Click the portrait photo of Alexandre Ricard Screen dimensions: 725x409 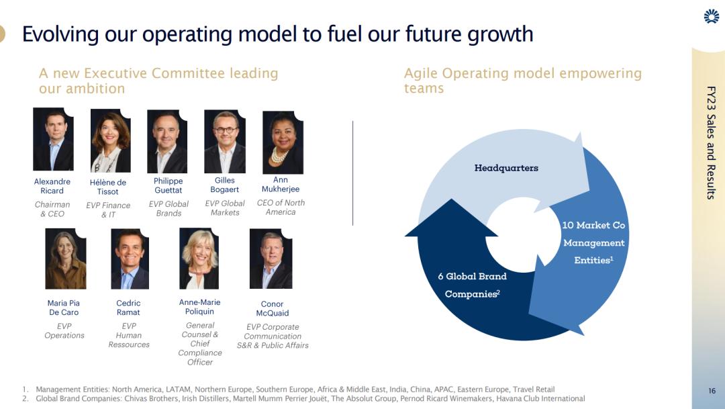click(x=53, y=139)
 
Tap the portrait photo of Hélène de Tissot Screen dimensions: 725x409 click(x=111, y=140)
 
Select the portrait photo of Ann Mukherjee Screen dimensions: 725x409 click(x=283, y=142)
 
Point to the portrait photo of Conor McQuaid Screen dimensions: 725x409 click(x=271, y=259)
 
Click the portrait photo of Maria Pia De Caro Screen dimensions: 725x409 click(x=66, y=259)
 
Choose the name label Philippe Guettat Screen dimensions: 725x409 click(x=168, y=185)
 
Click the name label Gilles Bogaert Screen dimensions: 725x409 click(x=225, y=185)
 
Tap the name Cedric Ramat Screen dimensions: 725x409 click(x=128, y=308)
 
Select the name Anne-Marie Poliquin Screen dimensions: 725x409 click(x=200, y=307)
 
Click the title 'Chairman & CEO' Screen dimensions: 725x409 click(x=52, y=209)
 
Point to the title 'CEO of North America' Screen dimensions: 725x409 click(x=281, y=208)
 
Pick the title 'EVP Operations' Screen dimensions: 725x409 click(x=64, y=331)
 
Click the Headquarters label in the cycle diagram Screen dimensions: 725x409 click(x=506, y=168)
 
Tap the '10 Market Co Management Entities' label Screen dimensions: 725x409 click(x=593, y=242)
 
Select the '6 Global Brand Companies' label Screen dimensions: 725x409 click(x=473, y=285)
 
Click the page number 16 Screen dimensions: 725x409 click(x=712, y=391)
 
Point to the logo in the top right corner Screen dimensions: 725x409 click(x=712, y=16)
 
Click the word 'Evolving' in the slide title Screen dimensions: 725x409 click(x=60, y=35)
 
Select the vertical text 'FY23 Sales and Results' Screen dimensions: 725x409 click(x=711, y=142)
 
